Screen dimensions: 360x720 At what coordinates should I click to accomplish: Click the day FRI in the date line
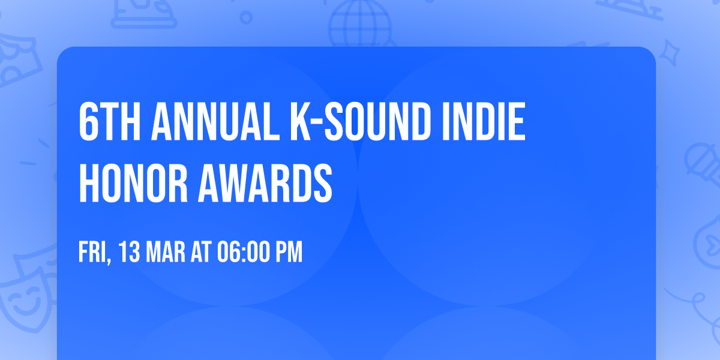(92, 253)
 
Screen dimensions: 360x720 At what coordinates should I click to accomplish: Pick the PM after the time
(289, 253)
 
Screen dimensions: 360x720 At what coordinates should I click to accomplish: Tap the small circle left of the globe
(247, 17)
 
